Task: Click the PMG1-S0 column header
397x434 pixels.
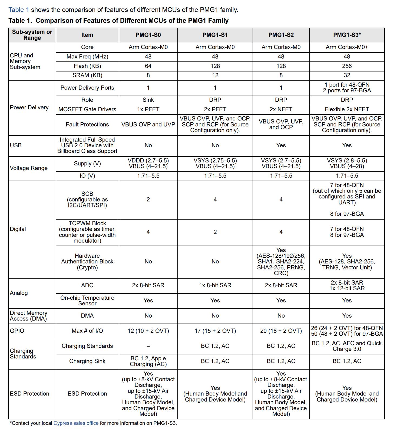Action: pos(148,35)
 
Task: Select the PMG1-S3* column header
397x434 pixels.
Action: pos(347,35)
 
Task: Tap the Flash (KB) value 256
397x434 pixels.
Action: pos(347,66)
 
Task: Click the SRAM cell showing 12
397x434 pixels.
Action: pos(215,75)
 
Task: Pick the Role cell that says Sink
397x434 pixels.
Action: pos(148,100)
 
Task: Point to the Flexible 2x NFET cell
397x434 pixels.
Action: pos(347,109)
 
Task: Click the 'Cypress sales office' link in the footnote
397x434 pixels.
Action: pos(76,423)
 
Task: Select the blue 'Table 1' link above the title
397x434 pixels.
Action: pos(19,10)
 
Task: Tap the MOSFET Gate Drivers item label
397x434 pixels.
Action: pos(87,109)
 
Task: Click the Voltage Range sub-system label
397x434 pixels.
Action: pos(29,168)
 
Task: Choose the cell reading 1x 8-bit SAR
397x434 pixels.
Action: pos(215,285)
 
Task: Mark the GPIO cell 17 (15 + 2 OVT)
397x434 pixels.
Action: pos(215,331)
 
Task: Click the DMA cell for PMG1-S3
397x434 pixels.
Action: pos(347,316)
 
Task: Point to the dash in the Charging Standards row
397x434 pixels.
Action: pos(148,346)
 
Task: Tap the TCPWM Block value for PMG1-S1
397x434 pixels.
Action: pos(215,232)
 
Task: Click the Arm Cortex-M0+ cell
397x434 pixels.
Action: pos(347,47)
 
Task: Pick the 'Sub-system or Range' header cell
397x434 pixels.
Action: pos(32,35)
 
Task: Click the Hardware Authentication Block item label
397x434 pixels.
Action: pos(87,262)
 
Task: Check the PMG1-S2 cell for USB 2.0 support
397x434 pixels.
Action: pos(281,145)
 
